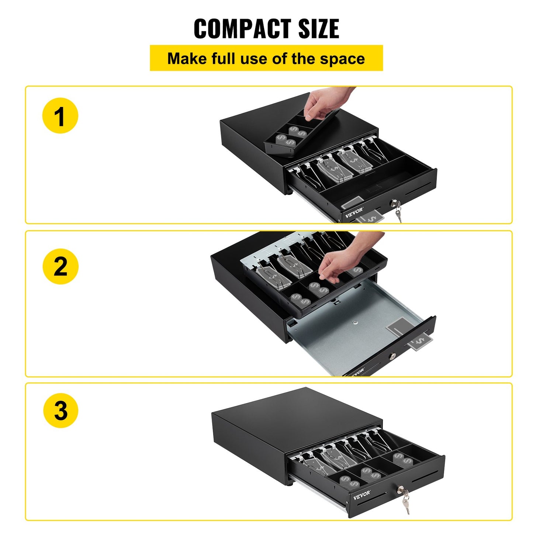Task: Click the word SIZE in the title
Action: point(318,29)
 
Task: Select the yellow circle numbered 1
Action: point(60,115)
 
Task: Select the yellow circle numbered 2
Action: point(60,266)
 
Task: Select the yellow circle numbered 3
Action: point(60,410)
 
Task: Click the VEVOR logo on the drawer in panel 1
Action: point(354,213)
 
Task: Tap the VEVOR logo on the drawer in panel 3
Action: point(362,495)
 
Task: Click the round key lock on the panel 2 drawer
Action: point(392,356)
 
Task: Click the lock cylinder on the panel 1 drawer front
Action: point(395,203)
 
